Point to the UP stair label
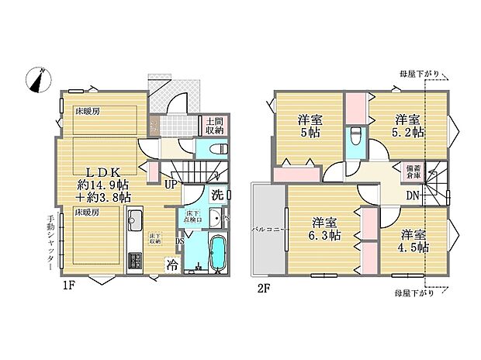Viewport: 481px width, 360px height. tap(170, 184)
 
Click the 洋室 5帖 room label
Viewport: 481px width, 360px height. tap(310, 126)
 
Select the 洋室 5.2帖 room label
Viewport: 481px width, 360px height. tap(407, 126)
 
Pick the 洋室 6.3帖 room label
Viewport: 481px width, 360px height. tap(323, 227)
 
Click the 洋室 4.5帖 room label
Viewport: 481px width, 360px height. tap(415, 240)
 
